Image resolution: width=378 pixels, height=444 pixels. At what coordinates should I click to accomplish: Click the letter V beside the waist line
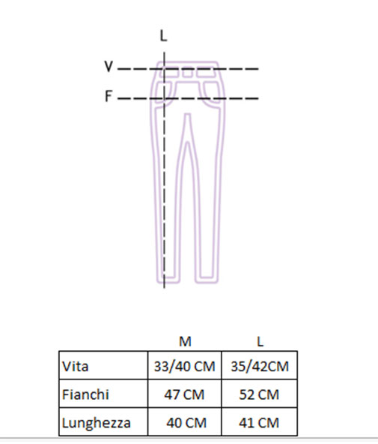coord(109,67)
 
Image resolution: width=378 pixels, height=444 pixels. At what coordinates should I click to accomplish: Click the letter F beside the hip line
coord(109,96)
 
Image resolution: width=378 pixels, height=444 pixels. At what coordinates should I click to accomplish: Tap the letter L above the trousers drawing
coord(164,36)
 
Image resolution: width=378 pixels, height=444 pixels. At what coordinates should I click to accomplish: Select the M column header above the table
coord(185,341)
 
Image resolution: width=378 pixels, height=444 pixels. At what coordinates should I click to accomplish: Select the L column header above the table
coord(260,341)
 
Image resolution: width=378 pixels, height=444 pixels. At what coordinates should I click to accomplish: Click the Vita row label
coord(75,366)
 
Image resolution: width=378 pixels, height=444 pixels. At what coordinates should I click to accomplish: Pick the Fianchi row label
coord(85,394)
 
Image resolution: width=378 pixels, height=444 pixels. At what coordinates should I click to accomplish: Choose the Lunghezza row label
coord(96,423)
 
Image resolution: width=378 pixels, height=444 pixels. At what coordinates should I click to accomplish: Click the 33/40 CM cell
coord(184,367)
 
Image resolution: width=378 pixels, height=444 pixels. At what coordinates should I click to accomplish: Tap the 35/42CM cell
coord(260,367)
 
